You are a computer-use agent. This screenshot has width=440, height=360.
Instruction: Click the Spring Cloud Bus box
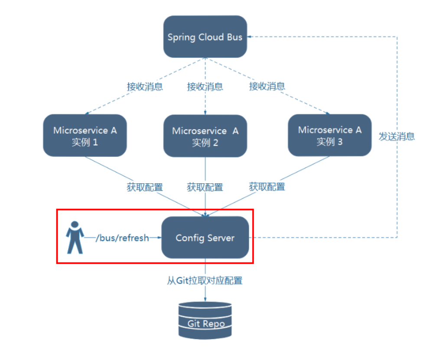[x=205, y=36]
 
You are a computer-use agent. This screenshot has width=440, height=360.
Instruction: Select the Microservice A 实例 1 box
[x=85, y=136]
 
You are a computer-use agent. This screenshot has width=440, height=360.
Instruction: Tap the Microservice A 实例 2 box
[x=205, y=136]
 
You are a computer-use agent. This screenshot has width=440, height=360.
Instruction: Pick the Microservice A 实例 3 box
[x=330, y=135]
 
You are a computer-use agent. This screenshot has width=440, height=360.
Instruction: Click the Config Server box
[x=205, y=237]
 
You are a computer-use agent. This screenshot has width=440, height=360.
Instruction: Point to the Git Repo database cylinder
[x=205, y=321]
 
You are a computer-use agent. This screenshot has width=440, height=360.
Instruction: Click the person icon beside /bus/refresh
[x=75, y=237]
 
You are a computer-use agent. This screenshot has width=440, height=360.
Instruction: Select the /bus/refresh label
[x=122, y=238]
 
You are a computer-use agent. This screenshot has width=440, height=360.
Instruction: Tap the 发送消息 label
[x=397, y=136]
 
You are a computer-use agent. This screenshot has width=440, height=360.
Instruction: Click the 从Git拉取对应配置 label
[x=205, y=280]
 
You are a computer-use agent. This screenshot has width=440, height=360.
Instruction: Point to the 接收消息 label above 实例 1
[x=145, y=86]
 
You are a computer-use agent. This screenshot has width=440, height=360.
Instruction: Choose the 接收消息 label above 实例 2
[x=205, y=86]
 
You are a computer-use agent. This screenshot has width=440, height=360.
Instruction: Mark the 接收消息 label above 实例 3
[x=267, y=86]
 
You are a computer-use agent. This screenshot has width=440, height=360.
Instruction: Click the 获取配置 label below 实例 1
[x=145, y=187]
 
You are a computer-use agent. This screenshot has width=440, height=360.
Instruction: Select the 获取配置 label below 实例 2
[x=205, y=187]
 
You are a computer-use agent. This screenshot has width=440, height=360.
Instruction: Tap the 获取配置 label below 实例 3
[x=267, y=186]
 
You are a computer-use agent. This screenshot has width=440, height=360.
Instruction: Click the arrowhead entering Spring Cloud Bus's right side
[x=249, y=37]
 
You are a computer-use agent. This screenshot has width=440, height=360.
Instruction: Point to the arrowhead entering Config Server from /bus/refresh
[x=160, y=237]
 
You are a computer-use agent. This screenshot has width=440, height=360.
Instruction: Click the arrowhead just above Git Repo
[x=205, y=299]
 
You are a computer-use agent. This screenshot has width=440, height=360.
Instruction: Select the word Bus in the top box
[x=235, y=37]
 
